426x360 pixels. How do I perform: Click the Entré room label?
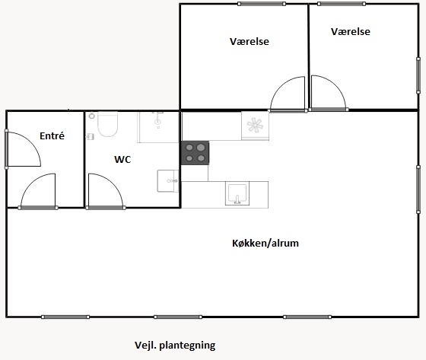click(52, 135)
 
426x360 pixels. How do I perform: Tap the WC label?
click(122, 159)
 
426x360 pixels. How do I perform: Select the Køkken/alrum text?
click(265, 243)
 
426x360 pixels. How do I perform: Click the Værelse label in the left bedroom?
click(250, 41)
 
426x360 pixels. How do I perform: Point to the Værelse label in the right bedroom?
click(351, 31)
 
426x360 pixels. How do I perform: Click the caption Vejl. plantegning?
click(175, 346)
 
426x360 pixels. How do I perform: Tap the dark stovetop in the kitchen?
click(196, 153)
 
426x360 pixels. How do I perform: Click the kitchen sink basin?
click(237, 193)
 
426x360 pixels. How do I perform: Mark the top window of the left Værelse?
click(262, 4)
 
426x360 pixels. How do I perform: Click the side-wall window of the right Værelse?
click(418, 75)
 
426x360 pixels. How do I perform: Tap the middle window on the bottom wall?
click(178, 317)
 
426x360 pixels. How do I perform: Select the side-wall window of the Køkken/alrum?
click(418, 189)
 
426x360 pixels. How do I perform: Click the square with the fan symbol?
click(255, 126)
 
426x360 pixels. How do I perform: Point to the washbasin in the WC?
click(168, 181)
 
